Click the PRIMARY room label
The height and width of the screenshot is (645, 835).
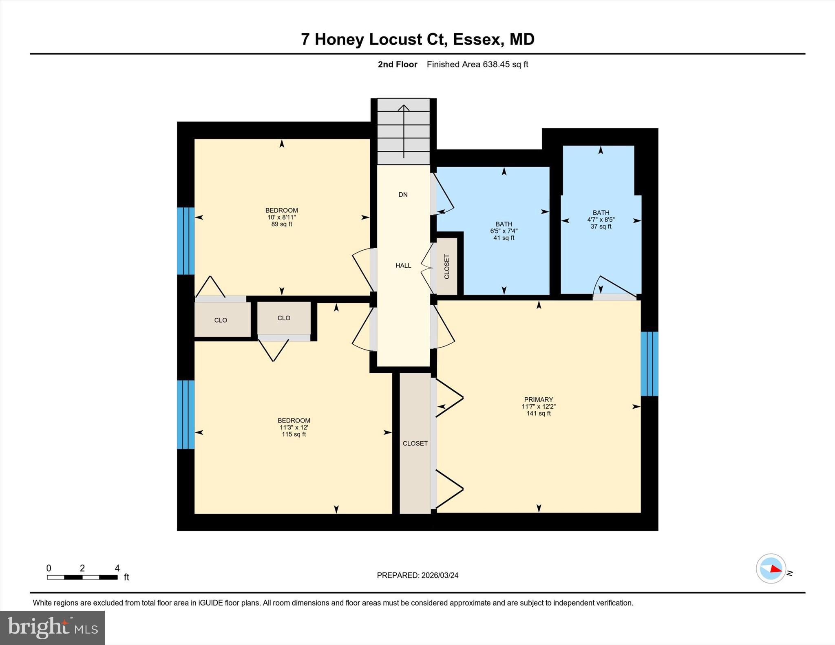pos(539,400)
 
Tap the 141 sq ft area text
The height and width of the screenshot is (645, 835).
pos(539,414)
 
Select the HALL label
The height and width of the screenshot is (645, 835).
pos(403,266)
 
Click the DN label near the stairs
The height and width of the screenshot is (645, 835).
pos(403,195)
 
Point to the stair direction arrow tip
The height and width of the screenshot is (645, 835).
pos(404,105)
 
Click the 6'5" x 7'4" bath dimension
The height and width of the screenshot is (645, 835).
pos(504,231)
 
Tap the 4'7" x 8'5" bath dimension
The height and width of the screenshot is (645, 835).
pos(601,220)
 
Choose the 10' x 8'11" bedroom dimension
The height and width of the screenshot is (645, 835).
pos(282,218)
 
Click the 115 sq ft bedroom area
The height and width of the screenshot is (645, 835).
pos(294,434)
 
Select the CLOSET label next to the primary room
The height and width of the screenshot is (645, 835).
pos(415,444)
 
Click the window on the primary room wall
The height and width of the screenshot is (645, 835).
pos(649,364)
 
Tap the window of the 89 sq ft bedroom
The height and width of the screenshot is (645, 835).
pos(186,241)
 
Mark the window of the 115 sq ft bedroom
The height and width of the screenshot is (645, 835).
pos(186,414)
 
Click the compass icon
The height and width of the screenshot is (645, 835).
pos(771,568)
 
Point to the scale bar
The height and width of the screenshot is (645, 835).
pos(82,577)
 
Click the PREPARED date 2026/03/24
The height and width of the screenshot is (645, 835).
pos(440,575)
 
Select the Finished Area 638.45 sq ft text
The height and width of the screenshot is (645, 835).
pos(477,64)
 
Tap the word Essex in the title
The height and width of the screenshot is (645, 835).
pos(477,40)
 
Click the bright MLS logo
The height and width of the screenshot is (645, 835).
pos(52,627)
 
